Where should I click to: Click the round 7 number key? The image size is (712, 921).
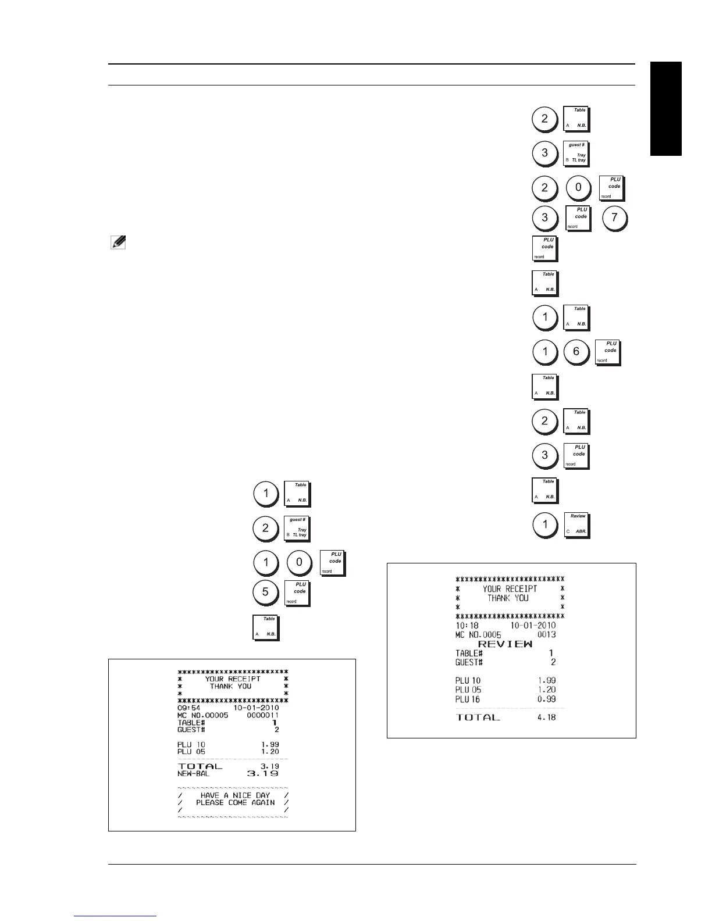point(614,218)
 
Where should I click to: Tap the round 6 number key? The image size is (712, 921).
point(576,352)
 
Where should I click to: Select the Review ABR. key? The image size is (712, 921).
point(577,525)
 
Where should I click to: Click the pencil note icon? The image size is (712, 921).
point(118,242)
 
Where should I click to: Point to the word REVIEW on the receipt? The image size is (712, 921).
point(505,644)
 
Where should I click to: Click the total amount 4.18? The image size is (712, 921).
point(546,717)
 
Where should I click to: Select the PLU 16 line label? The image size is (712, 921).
point(468,699)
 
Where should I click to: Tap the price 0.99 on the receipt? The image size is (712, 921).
point(546,699)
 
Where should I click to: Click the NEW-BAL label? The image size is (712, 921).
point(193,774)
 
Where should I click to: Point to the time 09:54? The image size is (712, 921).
point(188,708)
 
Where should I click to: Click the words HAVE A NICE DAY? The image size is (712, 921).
point(235,795)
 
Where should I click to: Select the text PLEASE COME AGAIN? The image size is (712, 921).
point(235,802)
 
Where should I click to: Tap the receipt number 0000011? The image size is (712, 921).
point(262,715)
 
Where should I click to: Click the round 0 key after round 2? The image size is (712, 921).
point(578,188)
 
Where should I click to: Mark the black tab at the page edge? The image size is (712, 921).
point(665,109)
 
